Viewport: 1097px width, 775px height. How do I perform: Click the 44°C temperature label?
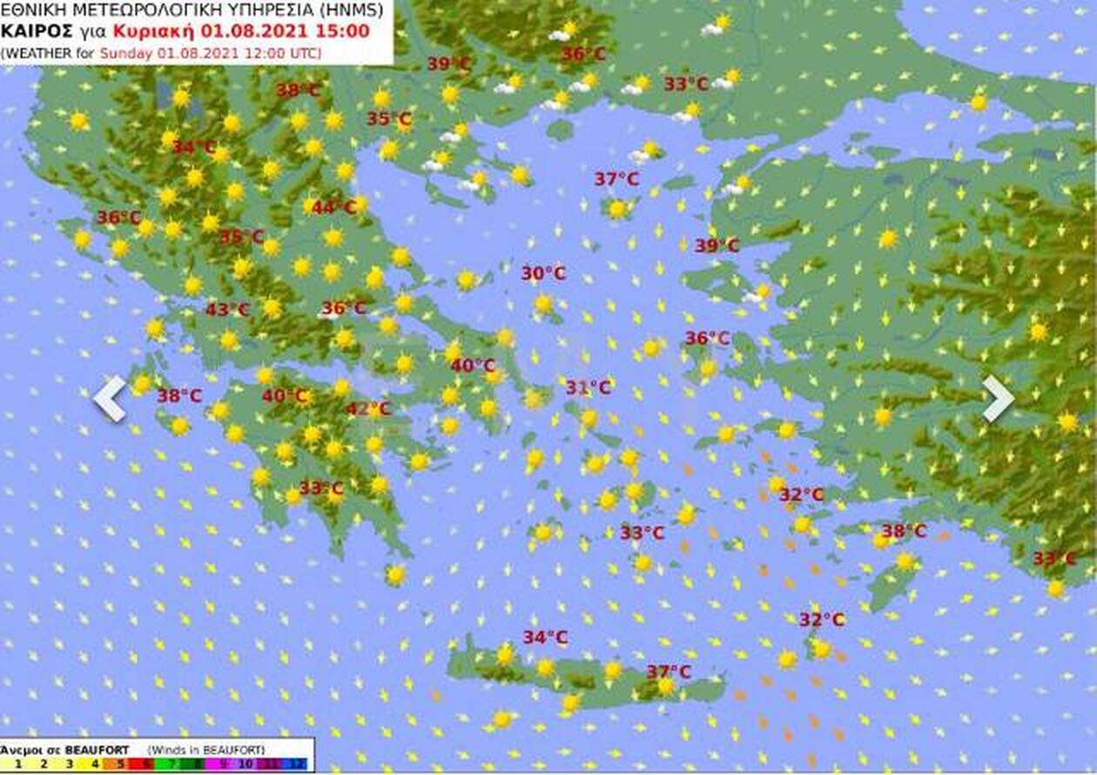point(334,207)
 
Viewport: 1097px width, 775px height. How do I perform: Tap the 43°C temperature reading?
point(228,309)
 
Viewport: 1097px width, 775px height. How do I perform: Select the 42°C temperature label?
point(369,408)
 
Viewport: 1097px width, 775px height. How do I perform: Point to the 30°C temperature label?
point(543,273)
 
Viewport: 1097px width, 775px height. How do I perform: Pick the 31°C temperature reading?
point(589,387)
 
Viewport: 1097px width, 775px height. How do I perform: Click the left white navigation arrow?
point(111,399)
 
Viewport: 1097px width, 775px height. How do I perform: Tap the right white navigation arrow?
point(998,399)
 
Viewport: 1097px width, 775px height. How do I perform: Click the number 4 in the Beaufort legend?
point(96,765)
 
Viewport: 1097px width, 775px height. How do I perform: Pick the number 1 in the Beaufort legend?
point(18,765)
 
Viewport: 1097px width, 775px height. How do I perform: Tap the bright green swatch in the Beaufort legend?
point(169,765)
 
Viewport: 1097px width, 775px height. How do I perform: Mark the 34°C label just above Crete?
point(545,637)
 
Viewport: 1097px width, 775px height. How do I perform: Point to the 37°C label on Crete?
point(669,671)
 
